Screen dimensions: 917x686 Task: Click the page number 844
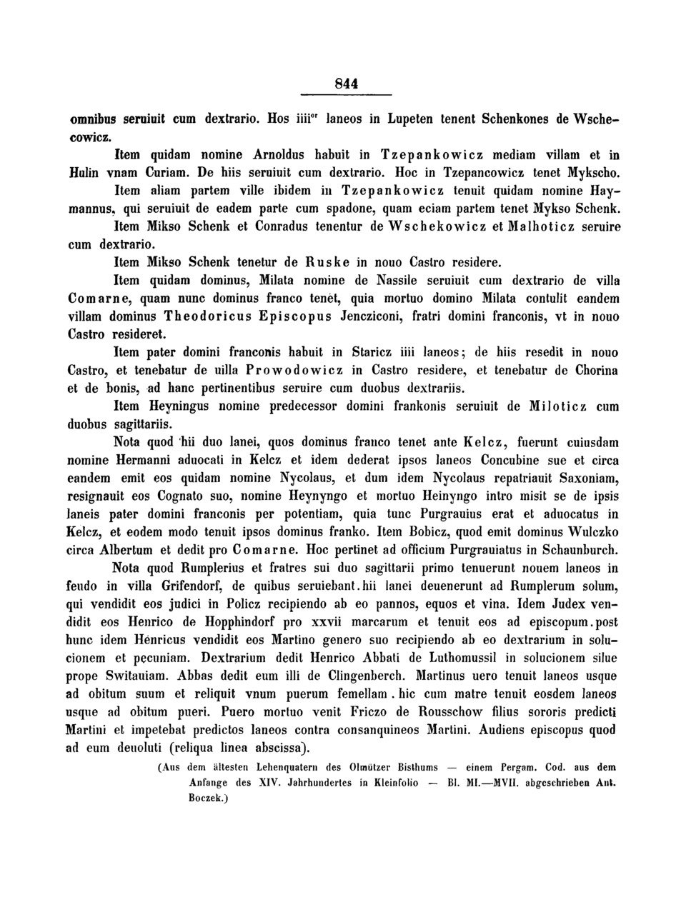point(347,84)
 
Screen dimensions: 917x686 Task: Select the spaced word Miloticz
point(547,406)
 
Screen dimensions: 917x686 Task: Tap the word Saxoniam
point(586,477)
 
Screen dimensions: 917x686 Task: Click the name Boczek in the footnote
point(208,801)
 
